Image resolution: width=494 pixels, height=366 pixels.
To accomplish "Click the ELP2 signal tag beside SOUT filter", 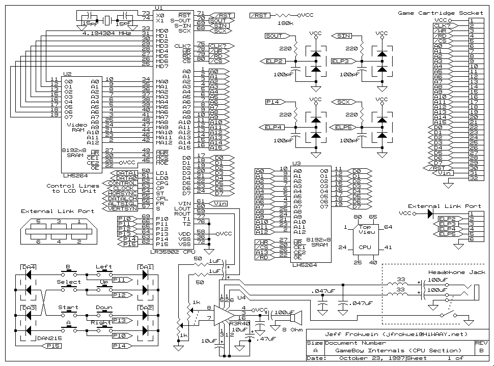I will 273,61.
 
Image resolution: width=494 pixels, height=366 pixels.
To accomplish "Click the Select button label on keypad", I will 68,282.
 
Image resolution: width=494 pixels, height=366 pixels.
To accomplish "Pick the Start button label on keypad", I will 68,308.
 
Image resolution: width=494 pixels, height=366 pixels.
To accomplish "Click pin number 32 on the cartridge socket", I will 474,178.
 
